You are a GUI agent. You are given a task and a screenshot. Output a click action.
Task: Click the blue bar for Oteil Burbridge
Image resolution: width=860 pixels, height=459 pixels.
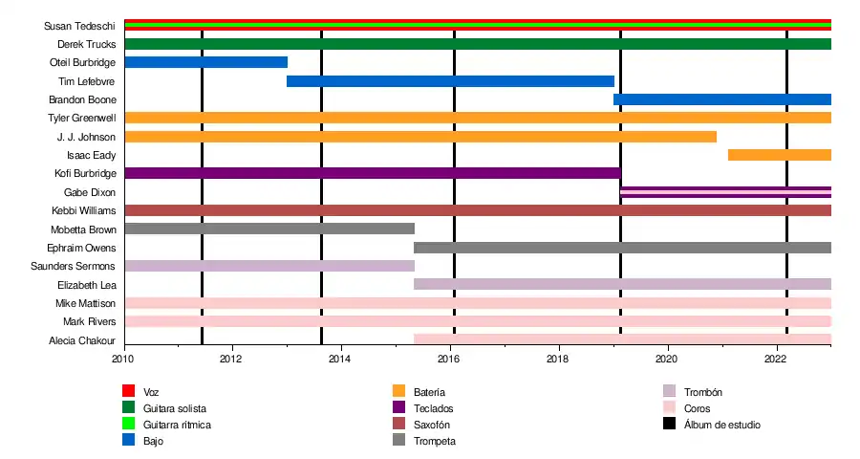click(205, 62)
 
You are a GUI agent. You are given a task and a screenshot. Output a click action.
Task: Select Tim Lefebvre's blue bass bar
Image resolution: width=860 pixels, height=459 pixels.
click(450, 81)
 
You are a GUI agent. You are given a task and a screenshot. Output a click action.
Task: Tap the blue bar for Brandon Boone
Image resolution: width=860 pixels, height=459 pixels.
click(722, 99)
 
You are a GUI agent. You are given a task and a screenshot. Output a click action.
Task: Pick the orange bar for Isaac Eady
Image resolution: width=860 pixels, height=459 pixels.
click(779, 155)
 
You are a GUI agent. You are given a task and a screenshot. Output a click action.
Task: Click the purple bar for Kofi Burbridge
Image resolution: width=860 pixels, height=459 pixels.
click(373, 173)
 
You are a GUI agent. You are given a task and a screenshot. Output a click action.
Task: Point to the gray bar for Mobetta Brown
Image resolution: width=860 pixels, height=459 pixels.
click(269, 229)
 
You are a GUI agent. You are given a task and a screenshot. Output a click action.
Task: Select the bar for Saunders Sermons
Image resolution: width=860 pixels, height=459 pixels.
click(269, 266)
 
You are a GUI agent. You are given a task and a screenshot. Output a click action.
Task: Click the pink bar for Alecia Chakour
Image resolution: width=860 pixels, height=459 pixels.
click(622, 339)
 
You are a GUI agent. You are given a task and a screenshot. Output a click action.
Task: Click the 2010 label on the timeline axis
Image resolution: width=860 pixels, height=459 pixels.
click(122, 360)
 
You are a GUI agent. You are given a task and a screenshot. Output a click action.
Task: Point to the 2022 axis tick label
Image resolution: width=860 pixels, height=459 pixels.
click(775, 360)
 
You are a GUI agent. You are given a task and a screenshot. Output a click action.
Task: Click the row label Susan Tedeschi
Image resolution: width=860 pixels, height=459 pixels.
click(80, 26)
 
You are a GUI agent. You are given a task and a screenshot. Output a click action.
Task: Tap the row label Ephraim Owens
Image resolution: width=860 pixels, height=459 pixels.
click(88, 248)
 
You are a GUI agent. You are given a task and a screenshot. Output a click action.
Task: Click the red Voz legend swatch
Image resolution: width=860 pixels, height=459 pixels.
click(129, 391)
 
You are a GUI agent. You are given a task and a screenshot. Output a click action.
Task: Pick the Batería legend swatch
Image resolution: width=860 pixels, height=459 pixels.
click(399, 391)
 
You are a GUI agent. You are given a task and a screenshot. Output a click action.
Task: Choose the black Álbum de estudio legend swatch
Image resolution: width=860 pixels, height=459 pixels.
click(670, 424)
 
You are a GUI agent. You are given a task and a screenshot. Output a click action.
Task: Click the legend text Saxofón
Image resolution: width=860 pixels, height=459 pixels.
click(432, 425)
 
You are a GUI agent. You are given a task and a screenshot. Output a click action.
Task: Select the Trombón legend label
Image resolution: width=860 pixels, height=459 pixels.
click(703, 392)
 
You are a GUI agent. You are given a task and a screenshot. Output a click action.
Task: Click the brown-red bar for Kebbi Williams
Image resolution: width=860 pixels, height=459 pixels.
click(478, 210)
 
